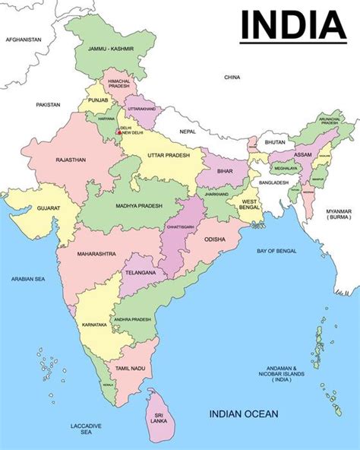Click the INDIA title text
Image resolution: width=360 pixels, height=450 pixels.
pos(292,25)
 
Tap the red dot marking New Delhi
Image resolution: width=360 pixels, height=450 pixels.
pos(118,132)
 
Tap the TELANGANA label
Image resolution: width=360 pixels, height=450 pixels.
pos(141,272)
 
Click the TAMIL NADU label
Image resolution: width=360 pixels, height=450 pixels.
pos(129,368)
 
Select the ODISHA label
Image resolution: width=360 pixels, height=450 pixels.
pos(215,240)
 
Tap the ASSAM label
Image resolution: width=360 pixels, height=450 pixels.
pos(302,155)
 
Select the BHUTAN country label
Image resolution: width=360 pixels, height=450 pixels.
pos(276,142)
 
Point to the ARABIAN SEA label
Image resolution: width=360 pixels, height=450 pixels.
pos(28,279)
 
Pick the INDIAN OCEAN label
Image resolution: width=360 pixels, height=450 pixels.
pos(244,414)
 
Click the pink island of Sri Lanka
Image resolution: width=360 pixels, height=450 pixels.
pos(160,415)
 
